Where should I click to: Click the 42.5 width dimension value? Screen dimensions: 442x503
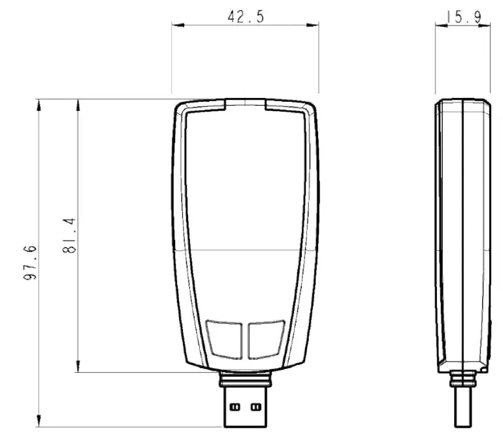[246, 17]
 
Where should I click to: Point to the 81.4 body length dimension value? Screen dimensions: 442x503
[70, 236]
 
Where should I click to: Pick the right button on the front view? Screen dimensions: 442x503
[266, 338]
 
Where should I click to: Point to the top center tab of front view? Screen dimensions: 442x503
[245, 103]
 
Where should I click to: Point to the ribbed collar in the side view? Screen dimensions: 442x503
[463, 378]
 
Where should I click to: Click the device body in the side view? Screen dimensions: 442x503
[462, 235]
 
